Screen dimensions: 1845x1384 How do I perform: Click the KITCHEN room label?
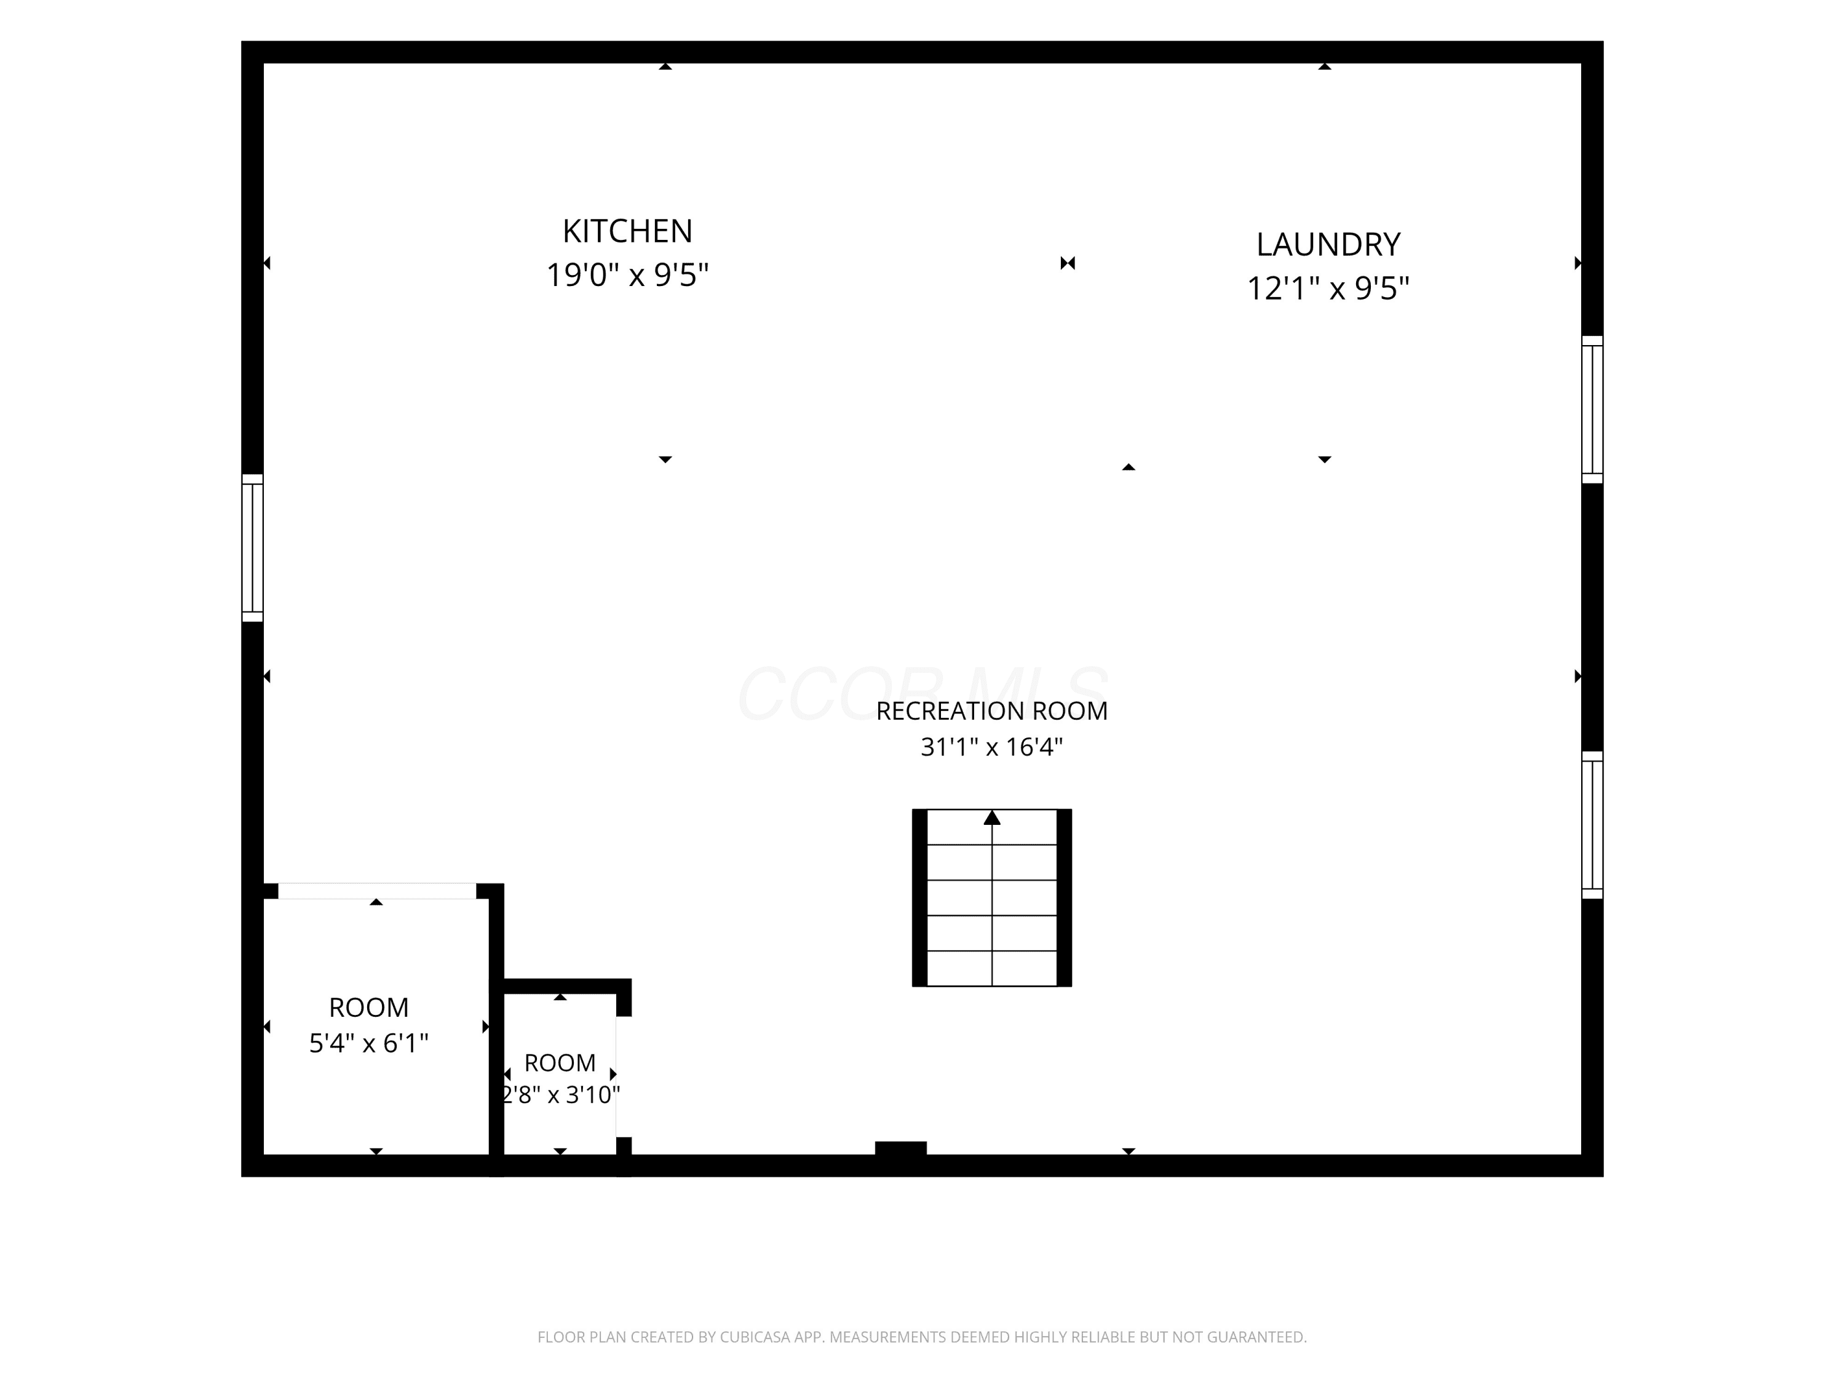click(x=627, y=231)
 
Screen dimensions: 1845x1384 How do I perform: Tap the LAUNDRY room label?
click(x=1328, y=244)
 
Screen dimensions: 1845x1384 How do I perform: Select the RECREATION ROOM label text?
click(x=992, y=711)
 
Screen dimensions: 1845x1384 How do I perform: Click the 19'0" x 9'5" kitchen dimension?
click(x=627, y=274)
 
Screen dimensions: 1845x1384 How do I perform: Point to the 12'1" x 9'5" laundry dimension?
click(x=1328, y=288)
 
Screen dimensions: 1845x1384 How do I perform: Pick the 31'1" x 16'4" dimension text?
click(x=992, y=747)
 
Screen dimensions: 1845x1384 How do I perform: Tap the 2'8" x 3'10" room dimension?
click(x=560, y=1094)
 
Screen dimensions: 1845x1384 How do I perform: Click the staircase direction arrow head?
click(x=992, y=817)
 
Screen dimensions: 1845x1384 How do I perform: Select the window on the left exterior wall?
click(x=253, y=548)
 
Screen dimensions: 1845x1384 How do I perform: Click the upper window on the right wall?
click(x=1592, y=410)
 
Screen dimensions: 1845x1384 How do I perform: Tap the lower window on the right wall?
click(x=1592, y=825)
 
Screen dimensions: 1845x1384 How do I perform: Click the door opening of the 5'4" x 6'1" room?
click(x=377, y=891)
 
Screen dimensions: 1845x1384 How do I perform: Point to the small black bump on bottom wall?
click(x=901, y=1148)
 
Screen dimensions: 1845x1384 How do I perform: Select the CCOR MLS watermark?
click(x=923, y=693)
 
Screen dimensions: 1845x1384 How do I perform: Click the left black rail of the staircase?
click(x=920, y=897)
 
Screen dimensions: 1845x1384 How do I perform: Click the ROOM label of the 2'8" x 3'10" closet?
click(x=560, y=1063)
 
